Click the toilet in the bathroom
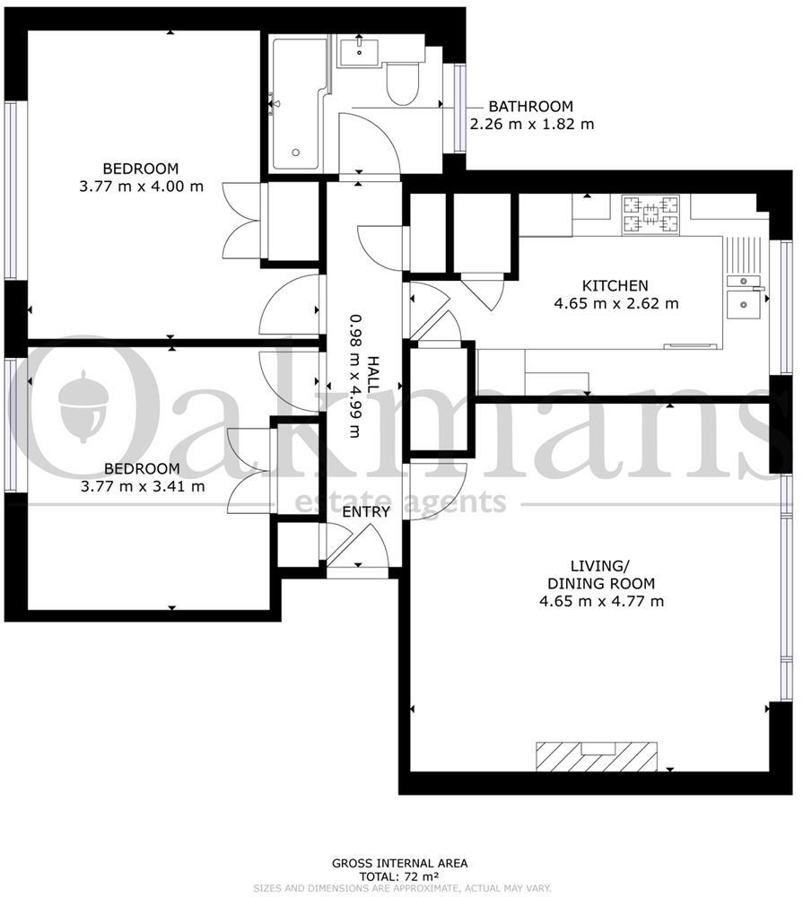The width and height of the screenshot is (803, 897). coord(403,83)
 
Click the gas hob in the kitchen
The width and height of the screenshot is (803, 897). coord(650,214)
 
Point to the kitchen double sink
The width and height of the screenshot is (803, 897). coord(744,297)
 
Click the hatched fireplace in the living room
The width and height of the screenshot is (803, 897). coord(596,756)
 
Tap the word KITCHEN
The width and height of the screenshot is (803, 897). coord(615,285)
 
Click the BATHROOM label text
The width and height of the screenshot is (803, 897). coord(530,107)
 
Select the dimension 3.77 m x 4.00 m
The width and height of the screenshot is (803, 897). coord(142,187)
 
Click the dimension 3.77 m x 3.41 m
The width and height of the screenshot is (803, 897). coord(143,487)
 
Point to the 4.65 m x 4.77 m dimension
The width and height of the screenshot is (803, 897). coord(601,601)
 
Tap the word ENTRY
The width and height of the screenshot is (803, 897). coord(366,511)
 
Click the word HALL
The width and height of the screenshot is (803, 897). coord(372,375)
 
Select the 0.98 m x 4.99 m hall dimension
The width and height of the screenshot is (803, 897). coord(355,376)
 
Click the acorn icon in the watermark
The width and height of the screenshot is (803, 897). coord(83,406)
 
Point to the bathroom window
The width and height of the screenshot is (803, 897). coord(459,108)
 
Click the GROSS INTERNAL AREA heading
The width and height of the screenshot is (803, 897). coord(399,863)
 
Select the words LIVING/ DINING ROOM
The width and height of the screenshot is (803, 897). coord(601,575)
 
